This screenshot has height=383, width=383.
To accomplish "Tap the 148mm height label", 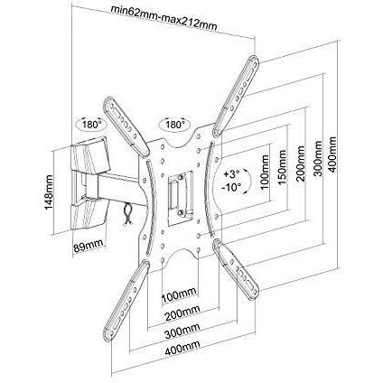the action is coord(48,192).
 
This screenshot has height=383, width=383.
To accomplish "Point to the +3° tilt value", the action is coord(231,174).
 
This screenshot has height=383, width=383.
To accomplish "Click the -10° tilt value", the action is coord(231,187).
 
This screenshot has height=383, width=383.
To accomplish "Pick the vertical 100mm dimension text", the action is coord(265,172).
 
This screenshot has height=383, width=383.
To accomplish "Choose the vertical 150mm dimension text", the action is coord(283,167).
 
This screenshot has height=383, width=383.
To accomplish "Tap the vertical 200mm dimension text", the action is coord(301,163).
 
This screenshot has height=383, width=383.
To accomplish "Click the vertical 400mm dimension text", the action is coord(332,154).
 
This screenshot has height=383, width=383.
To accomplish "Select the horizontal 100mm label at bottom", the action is coord(180,296).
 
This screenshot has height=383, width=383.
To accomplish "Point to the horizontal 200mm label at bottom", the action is coord(182,313).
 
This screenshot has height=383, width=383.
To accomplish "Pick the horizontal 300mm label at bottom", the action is coord(182,331).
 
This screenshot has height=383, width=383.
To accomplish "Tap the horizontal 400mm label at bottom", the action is coord(182,348).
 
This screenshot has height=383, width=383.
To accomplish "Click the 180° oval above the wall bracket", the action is coord(91,124).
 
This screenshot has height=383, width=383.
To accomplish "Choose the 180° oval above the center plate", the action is coord(174,124).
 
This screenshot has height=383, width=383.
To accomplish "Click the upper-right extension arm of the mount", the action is coord(236,96).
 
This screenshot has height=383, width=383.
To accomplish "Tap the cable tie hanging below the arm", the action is coord(127,214).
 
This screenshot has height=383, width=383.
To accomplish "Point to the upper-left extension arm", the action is coord(126,126).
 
